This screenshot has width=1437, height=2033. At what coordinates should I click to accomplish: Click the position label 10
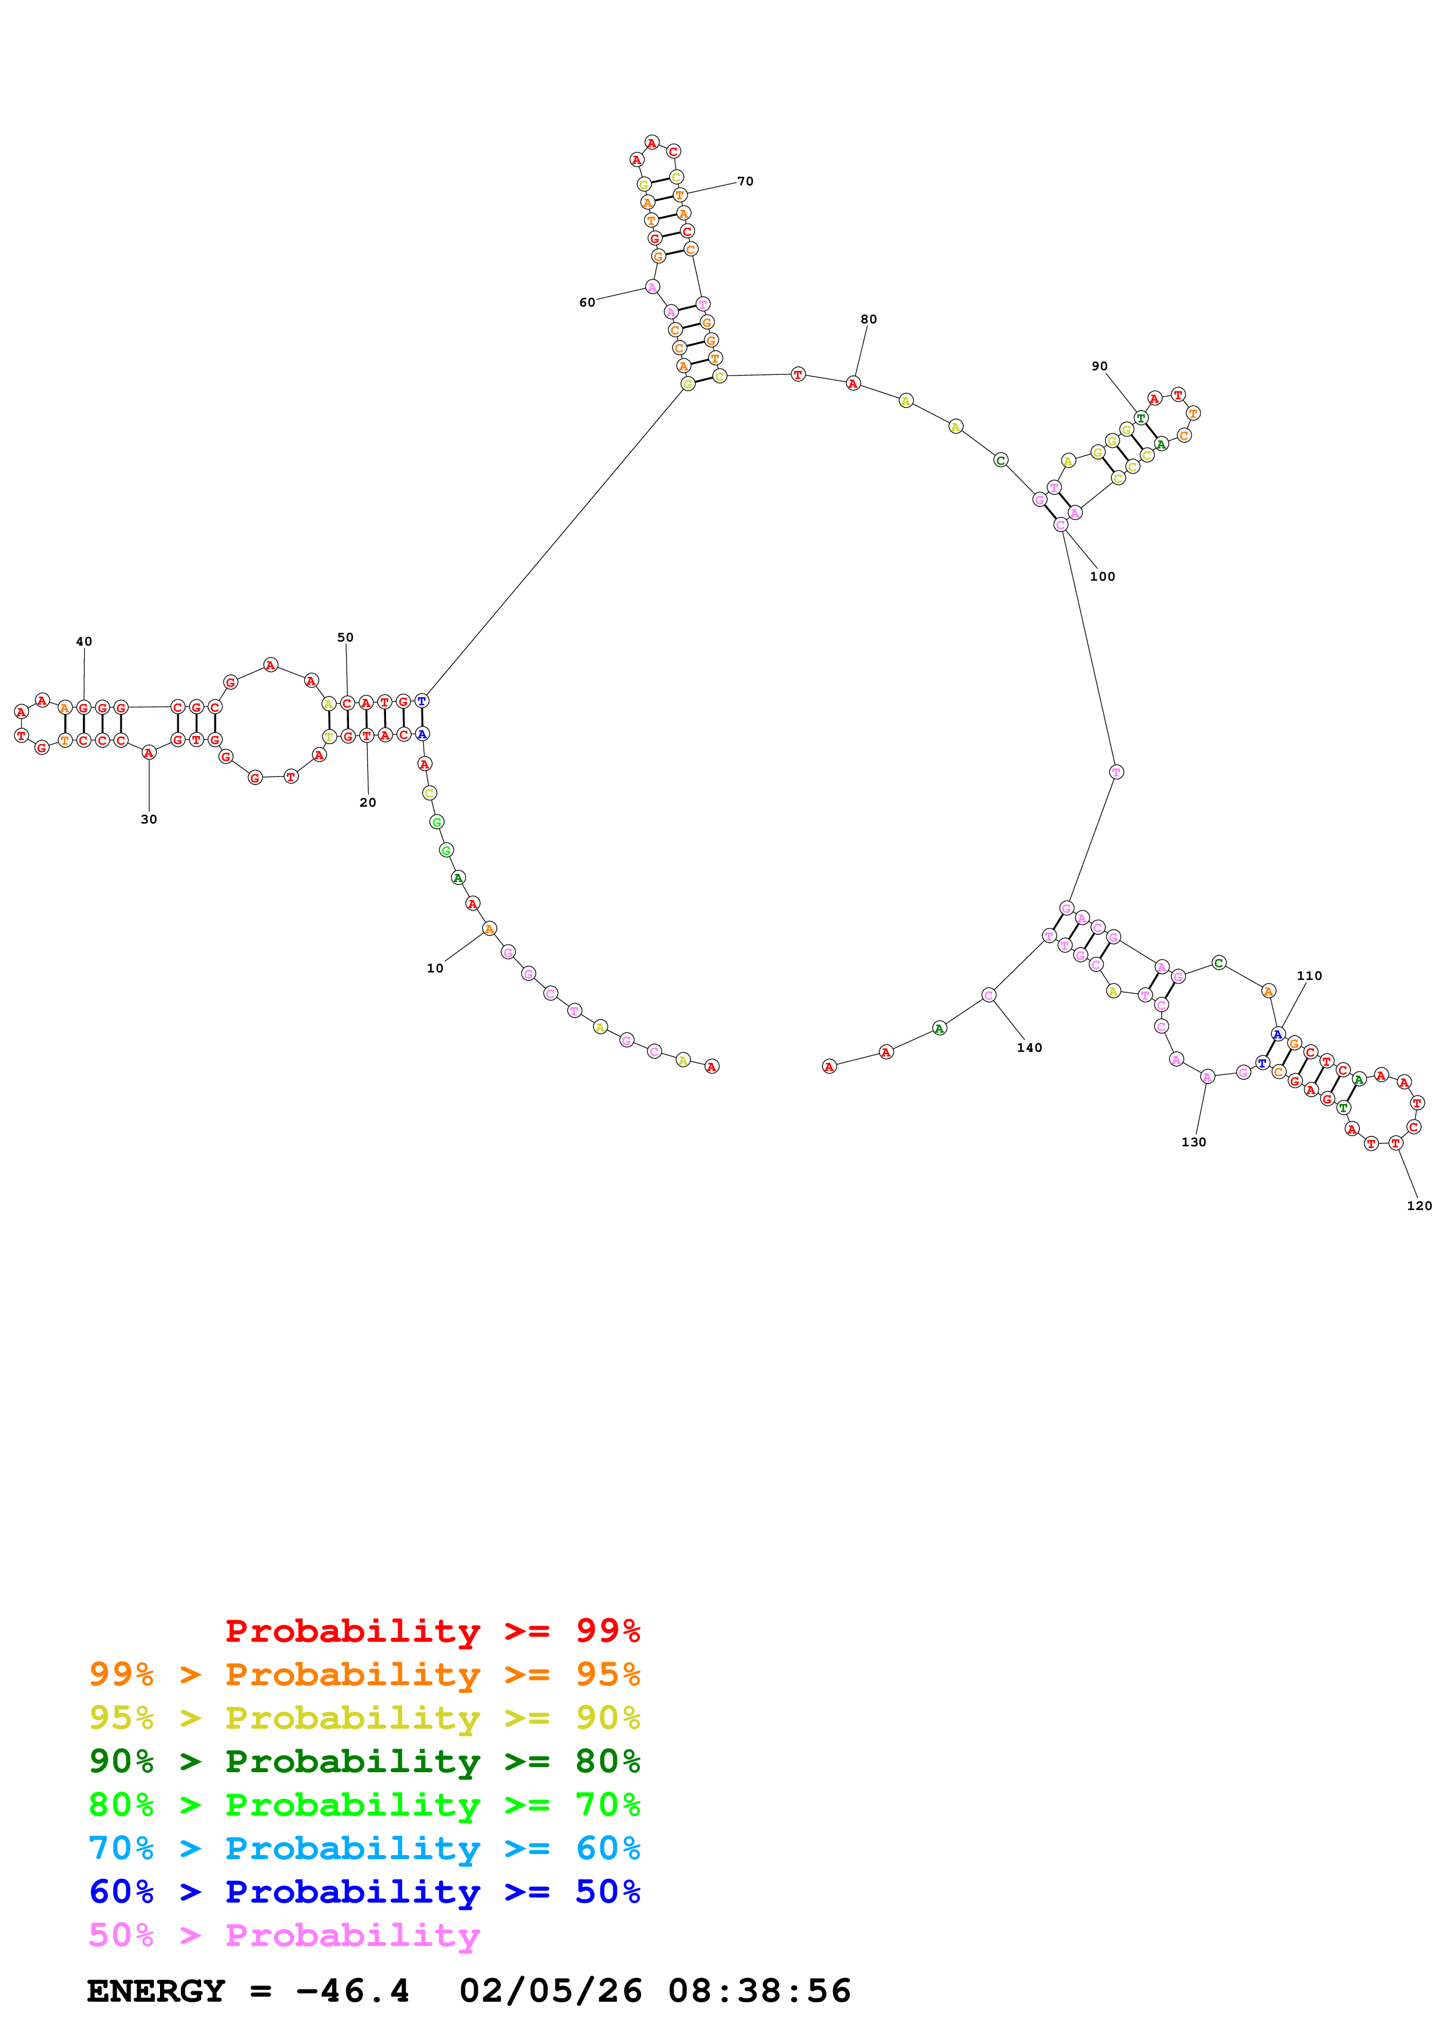(x=435, y=968)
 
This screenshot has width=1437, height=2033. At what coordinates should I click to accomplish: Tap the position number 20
(x=368, y=802)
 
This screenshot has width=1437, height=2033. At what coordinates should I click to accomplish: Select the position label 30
(x=149, y=819)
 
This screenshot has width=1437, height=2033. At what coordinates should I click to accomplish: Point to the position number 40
(x=84, y=641)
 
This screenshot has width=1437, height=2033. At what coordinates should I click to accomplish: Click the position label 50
(x=345, y=637)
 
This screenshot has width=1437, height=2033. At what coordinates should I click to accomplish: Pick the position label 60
(x=587, y=303)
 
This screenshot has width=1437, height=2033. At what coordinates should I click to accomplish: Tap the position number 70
(x=745, y=181)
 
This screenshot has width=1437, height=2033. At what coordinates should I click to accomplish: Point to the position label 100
(x=1103, y=577)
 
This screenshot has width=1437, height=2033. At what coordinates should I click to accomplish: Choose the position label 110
(x=1309, y=976)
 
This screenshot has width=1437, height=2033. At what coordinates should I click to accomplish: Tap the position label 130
(x=1194, y=1142)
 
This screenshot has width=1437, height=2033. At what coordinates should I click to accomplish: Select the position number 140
(x=1029, y=1047)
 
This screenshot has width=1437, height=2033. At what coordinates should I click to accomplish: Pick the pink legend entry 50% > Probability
(x=284, y=1936)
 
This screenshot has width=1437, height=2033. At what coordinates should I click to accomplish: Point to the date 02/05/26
(x=551, y=1991)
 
